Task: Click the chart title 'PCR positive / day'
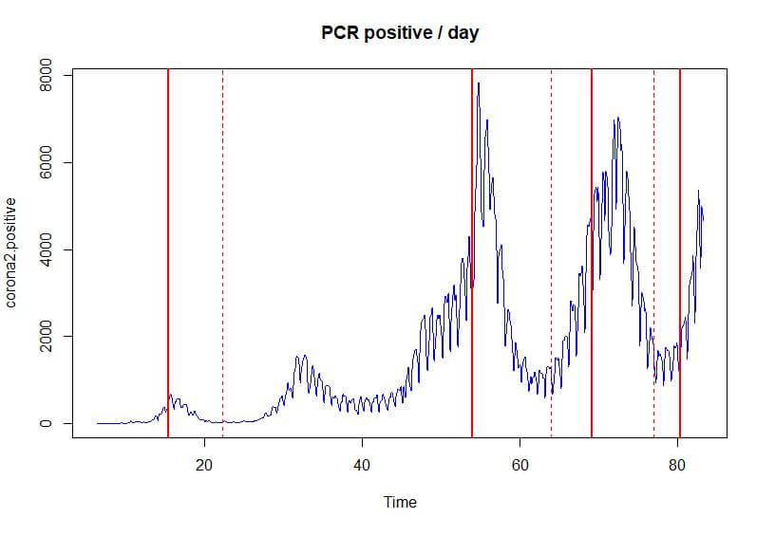398,34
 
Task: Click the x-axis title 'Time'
400,502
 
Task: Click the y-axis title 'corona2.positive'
12,253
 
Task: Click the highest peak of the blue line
479,83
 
